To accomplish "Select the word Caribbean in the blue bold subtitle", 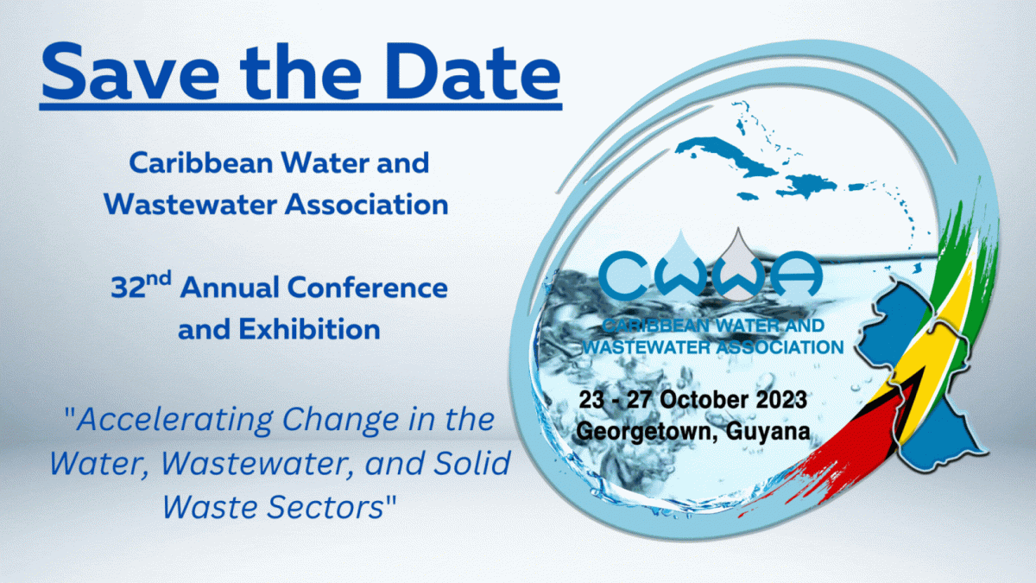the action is pyautogui.click(x=201, y=163).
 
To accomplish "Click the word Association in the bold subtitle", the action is pyautogui.click(x=366, y=204).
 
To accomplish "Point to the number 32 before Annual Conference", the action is pyautogui.click(x=128, y=288).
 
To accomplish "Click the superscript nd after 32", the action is pyautogui.click(x=159, y=279).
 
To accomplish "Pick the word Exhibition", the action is pyautogui.click(x=309, y=329).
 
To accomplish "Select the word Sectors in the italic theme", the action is pyautogui.click(x=325, y=507).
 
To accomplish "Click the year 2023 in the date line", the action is pyautogui.click(x=782, y=400).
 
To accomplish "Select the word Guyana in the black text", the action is pyautogui.click(x=768, y=432).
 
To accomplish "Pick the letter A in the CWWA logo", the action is pyautogui.click(x=796, y=274).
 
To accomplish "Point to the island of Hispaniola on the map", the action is pyautogui.click(x=807, y=185).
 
